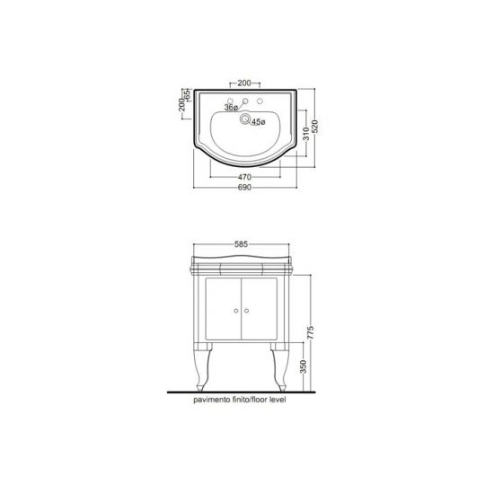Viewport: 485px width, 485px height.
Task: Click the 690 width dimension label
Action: [244, 188]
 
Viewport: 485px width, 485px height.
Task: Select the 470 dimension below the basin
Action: [244, 177]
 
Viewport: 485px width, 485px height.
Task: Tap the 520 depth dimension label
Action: [315, 127]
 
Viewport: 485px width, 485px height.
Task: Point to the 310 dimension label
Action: [306, 134]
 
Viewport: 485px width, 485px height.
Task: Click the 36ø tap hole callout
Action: [231, 108]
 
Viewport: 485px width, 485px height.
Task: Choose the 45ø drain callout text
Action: [259, 122]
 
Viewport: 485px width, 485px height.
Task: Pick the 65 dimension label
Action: [187, 94]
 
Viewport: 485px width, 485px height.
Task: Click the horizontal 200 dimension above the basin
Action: [244, 83]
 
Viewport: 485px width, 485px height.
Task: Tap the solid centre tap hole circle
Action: [245, 101]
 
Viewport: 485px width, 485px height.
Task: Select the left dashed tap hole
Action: [230, 101]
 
